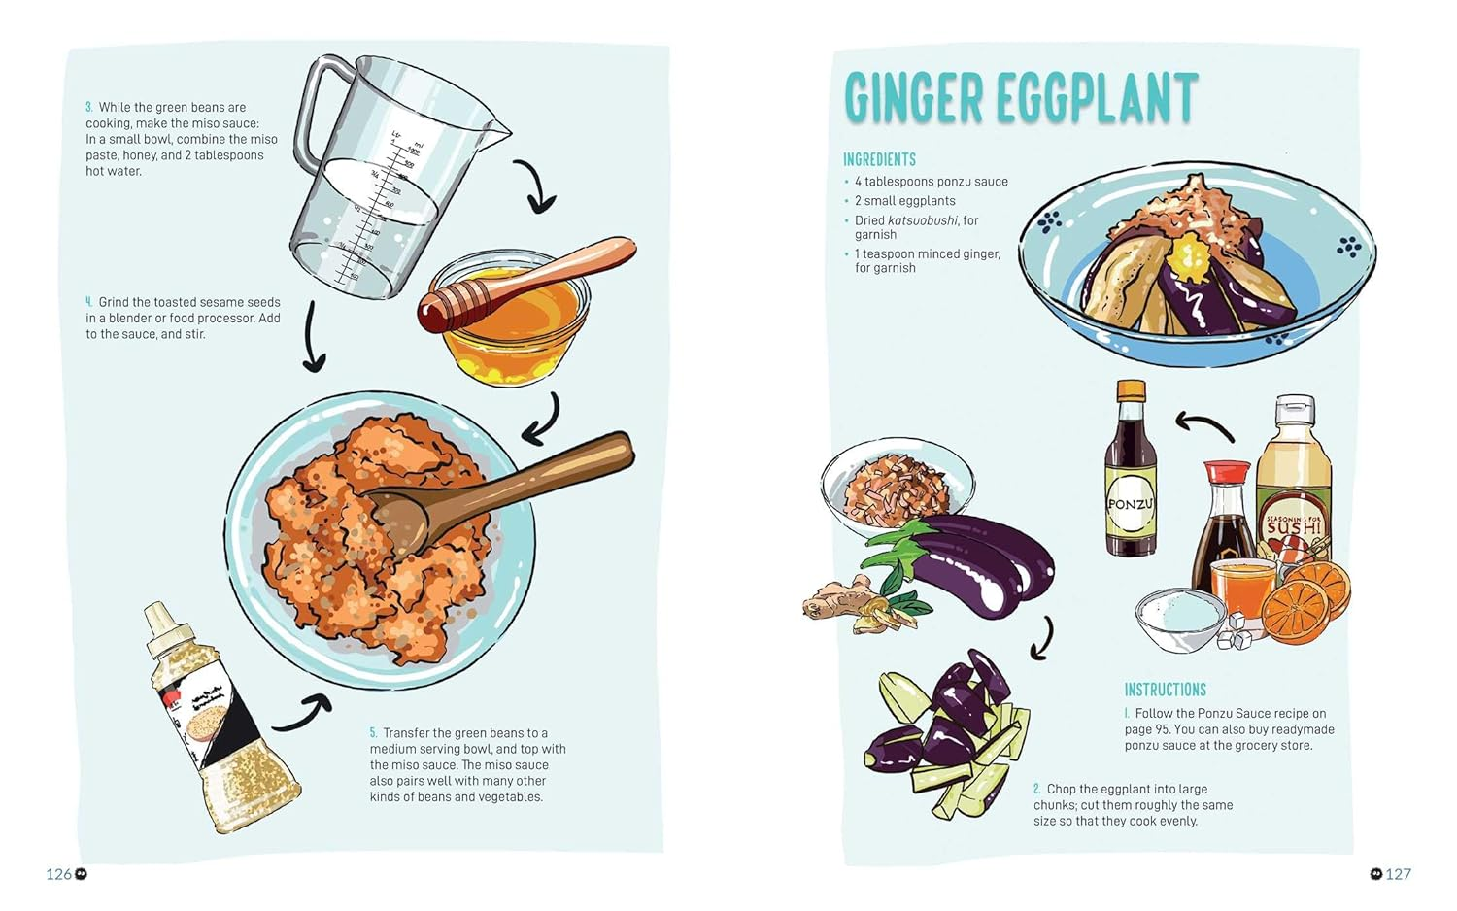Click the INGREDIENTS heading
tap(879, 159)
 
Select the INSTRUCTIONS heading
tap(1165, 690)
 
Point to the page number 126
tap(58, 874)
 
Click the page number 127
tap(1398, 874)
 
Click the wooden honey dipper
tap(525, 287)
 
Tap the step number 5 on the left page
tap(373, 733)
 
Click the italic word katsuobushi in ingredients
tap(922, 220)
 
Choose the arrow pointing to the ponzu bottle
tap(1204, 424)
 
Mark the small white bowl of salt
tap(1180, 619)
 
